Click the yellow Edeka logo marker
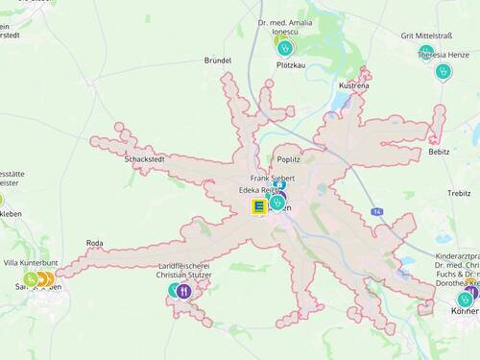[258, 205]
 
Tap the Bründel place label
[218, 60]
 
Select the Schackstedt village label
[144, 159]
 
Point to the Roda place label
[94, 243]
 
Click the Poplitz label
[289, 160]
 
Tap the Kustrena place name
[354, 85]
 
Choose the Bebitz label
[439, 152]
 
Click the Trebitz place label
[459, 193]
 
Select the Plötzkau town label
[290, 65]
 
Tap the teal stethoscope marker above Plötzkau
[285, 46]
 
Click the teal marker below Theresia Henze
[443, 71]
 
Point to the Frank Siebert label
[273, 179]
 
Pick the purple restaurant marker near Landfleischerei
[184, 290]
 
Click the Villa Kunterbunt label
[31, 262]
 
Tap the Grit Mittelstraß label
[426, 36]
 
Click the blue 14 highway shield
[378, 211]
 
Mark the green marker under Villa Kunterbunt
[32, 279]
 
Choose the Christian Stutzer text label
[184, 276]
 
